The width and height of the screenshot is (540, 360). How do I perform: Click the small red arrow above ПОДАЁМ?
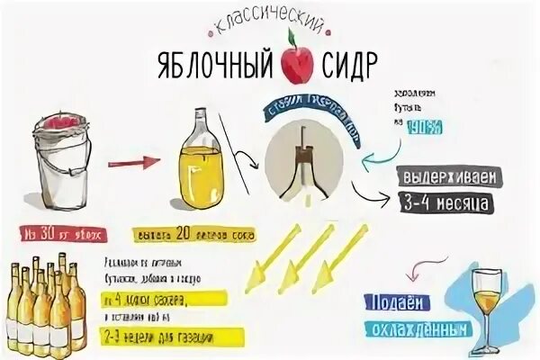click(415, 267)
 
